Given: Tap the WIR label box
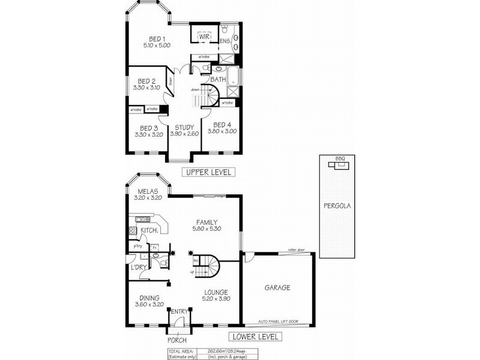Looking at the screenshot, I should [x=204, y=36].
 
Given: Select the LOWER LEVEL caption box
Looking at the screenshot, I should [x=254, y=337].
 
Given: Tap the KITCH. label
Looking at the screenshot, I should [x=149, y=231].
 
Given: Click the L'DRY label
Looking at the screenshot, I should [x=139, y=267].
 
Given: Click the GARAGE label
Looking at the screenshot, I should [x=277, y=288].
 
